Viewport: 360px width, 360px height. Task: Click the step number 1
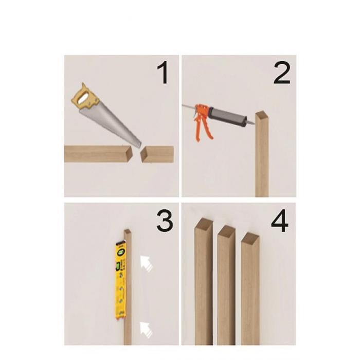pyautogui.click(x=164, y=74)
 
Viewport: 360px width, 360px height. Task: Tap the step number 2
pyautogui.click(x=282, y=74)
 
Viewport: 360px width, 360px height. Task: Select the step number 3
pyautogui.click(x=165, y=221)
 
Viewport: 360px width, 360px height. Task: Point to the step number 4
pyautogui.click(x=280, y=221)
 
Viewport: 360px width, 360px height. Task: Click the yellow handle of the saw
pyautogui.click(x=85, y=98)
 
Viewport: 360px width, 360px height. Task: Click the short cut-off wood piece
pyautogui.click(x=157, y=154)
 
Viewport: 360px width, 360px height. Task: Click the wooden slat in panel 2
pyautogui.click(x=262, y=154)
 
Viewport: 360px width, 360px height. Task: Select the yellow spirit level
pyautogui.click(x=121, y=280)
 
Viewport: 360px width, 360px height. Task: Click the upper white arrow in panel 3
pyautogui.click(x=146, y=263)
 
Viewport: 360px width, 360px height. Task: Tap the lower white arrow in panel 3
pyautogui.click(x=146, y=330)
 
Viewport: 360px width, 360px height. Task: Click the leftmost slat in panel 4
pyautogui.click(x=204, y=281)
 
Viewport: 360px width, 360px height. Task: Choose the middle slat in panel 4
pyautogui.click(x=226, y=285)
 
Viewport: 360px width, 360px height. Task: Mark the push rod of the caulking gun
pyautogui.click(x=189, y=106)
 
